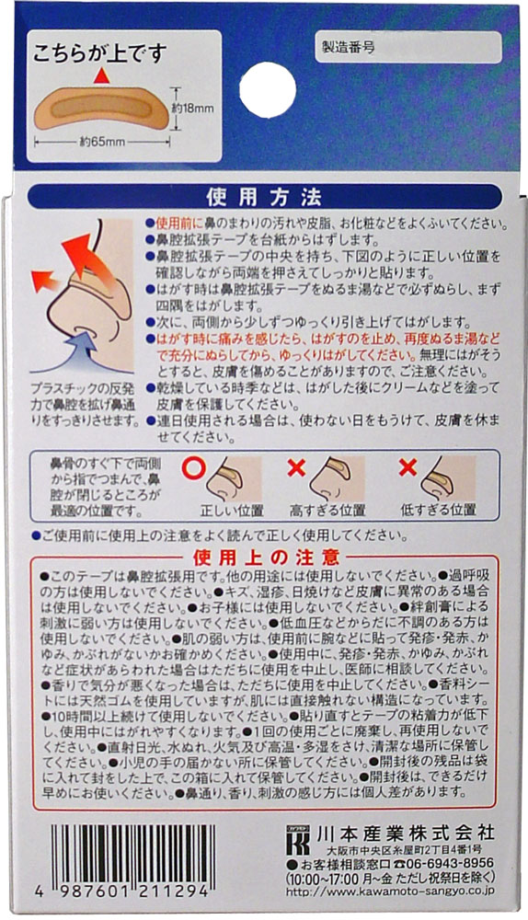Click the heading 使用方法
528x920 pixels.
pyautogui.click(x=264, y=197)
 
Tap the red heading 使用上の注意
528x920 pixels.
pyautogui.click(x=265, y=558)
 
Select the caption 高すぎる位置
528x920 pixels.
pyautogui.click(x=327, y=509)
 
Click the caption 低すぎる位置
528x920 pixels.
pyautogui.click(x=438, y=509)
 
